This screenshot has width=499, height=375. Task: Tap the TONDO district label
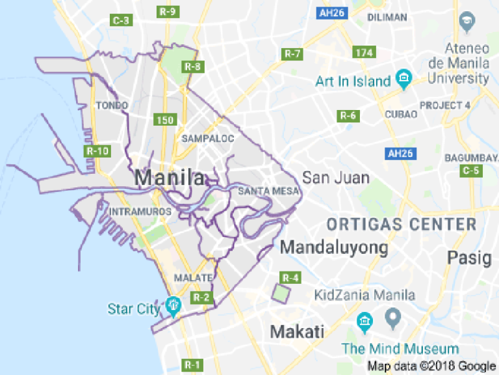coord(112,105)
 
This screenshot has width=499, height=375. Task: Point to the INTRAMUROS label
coord(141,212)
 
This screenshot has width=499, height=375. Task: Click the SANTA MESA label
coord(268,191)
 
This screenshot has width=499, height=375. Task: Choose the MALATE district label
coord(193,278)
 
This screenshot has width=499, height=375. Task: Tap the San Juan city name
coord(336,178)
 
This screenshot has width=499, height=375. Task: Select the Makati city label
coord(297,331)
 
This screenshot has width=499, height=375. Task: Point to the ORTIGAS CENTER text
coord(402,225)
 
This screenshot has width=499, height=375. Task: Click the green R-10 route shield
coord(97,151)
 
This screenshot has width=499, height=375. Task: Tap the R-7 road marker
coord(292,53)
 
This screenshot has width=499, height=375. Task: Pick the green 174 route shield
coord(365,52)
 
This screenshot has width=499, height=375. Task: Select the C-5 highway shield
coord(470,171)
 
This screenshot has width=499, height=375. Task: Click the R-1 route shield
coord(192,364)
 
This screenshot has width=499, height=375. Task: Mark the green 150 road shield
coord(166,120)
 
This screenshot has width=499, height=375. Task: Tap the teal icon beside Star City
coord(172,305)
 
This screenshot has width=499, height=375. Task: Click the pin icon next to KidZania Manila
coord(391,320)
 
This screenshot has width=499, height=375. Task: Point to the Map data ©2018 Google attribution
coord(431,366)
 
